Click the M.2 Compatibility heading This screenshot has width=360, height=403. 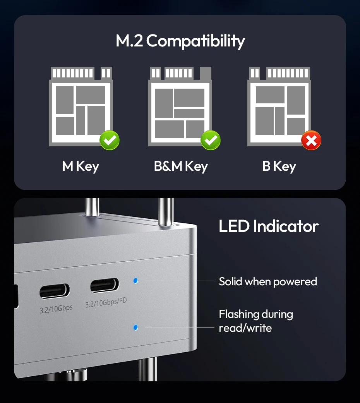[180, 41]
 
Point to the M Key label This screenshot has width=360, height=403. [81, 166]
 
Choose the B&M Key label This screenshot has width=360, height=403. [181, 166]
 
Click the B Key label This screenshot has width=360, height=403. [279, 166]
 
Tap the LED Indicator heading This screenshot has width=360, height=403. [269, 226]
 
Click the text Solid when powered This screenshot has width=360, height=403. [268, 281]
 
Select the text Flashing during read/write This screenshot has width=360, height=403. [256, 321]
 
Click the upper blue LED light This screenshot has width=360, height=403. [135, 280]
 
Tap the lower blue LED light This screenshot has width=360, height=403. [135, 328]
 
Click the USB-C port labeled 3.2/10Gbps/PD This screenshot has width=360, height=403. [105, 285]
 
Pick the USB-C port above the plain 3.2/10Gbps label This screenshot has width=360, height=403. [55, 291]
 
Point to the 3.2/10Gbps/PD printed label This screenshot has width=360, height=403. [106, 302]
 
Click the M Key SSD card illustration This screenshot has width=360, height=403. [81, 106]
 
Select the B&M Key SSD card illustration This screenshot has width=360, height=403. [180, 106]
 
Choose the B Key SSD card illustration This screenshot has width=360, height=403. [279, 106]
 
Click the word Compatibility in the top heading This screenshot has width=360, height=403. [195, 41]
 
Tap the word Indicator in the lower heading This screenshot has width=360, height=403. [286, 226]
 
